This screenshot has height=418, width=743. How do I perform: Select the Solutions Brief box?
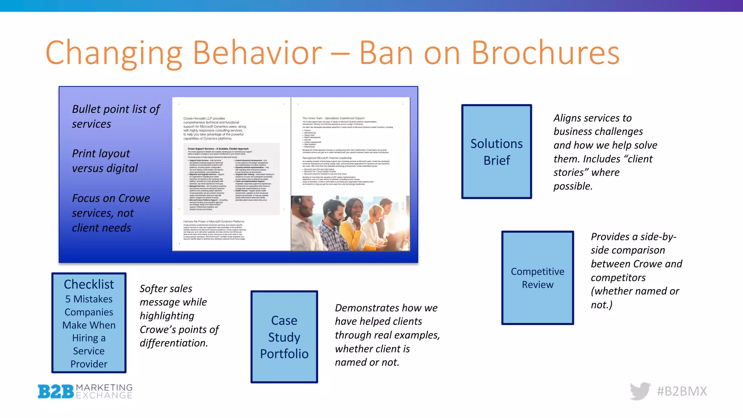(x=496, y=152)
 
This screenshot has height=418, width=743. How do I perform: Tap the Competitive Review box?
(x=537, y=278)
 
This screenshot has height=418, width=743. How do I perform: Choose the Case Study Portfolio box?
(x=284, y=337)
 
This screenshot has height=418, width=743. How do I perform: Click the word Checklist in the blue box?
(x=89, y=284)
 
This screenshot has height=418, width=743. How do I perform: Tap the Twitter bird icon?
(x=640, y=391)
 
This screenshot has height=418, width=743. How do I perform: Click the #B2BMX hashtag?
(x=682, y=391)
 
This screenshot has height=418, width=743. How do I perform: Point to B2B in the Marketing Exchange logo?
(x=56, y=392)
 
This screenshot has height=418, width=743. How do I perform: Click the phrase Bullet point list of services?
(x=115, y=116)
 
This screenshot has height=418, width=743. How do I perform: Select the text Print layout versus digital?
(x=104, y=161)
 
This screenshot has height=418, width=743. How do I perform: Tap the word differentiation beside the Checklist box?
(x=173, y=343)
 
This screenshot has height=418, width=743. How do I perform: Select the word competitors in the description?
(x=618, y=278)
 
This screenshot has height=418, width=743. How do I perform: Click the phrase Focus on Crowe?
(x=111, y=198)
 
